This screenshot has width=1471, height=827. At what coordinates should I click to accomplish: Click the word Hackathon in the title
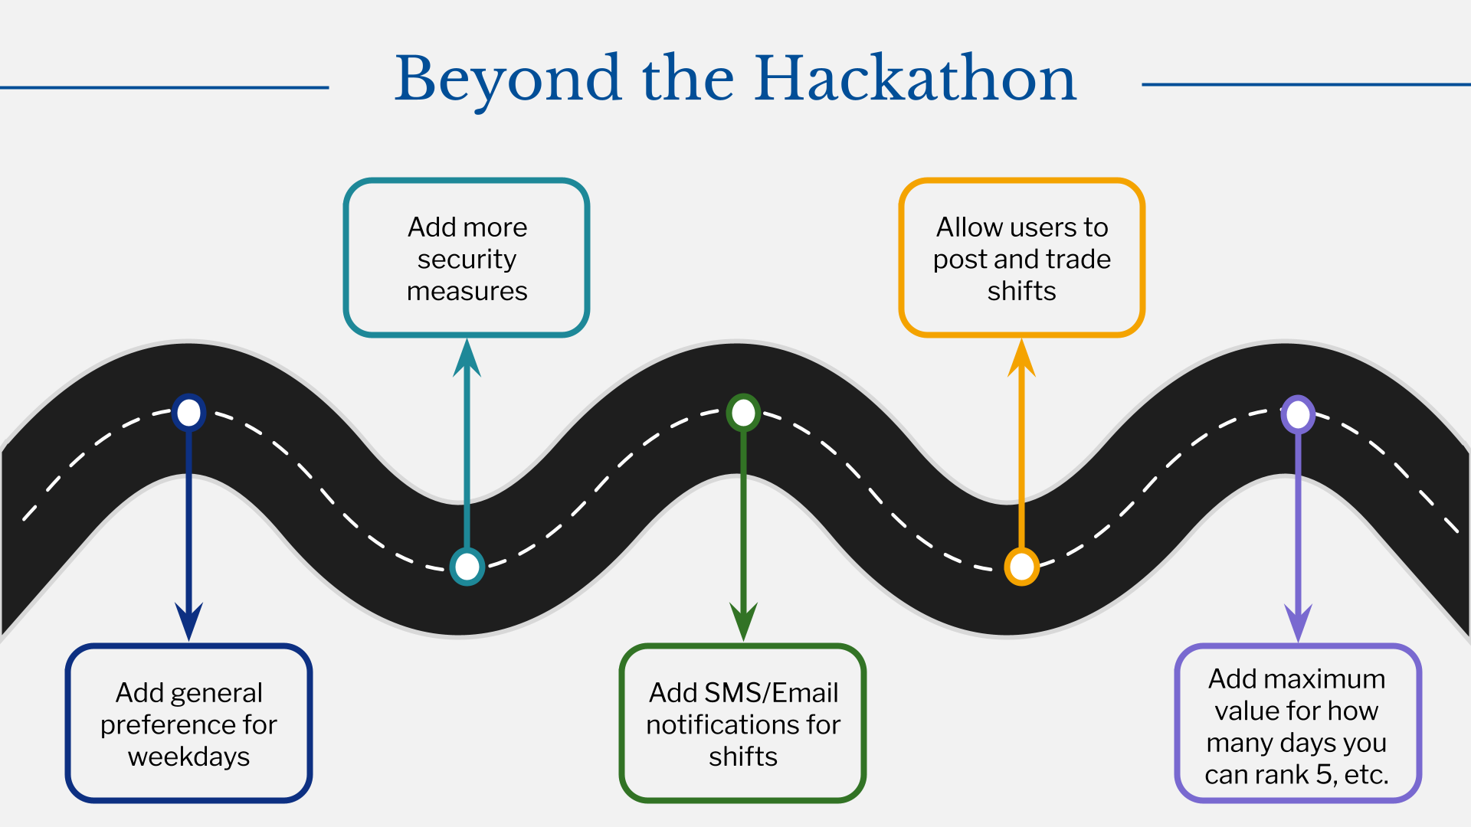916,78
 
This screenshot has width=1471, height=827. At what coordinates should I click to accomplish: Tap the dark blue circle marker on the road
188,413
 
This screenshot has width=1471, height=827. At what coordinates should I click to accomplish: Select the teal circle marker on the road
467,567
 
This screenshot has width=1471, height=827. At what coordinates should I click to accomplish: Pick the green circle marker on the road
743,413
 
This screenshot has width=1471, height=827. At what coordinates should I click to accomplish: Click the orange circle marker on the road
1021,567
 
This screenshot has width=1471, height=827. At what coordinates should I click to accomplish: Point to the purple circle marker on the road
1298,414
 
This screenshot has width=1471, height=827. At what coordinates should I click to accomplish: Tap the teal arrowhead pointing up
467,358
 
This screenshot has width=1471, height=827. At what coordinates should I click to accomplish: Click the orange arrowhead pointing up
1021,358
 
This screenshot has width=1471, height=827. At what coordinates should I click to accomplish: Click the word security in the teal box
467,260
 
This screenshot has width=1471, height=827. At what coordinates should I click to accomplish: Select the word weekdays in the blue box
188,757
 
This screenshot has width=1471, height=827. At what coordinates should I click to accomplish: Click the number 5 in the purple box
1324,775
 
